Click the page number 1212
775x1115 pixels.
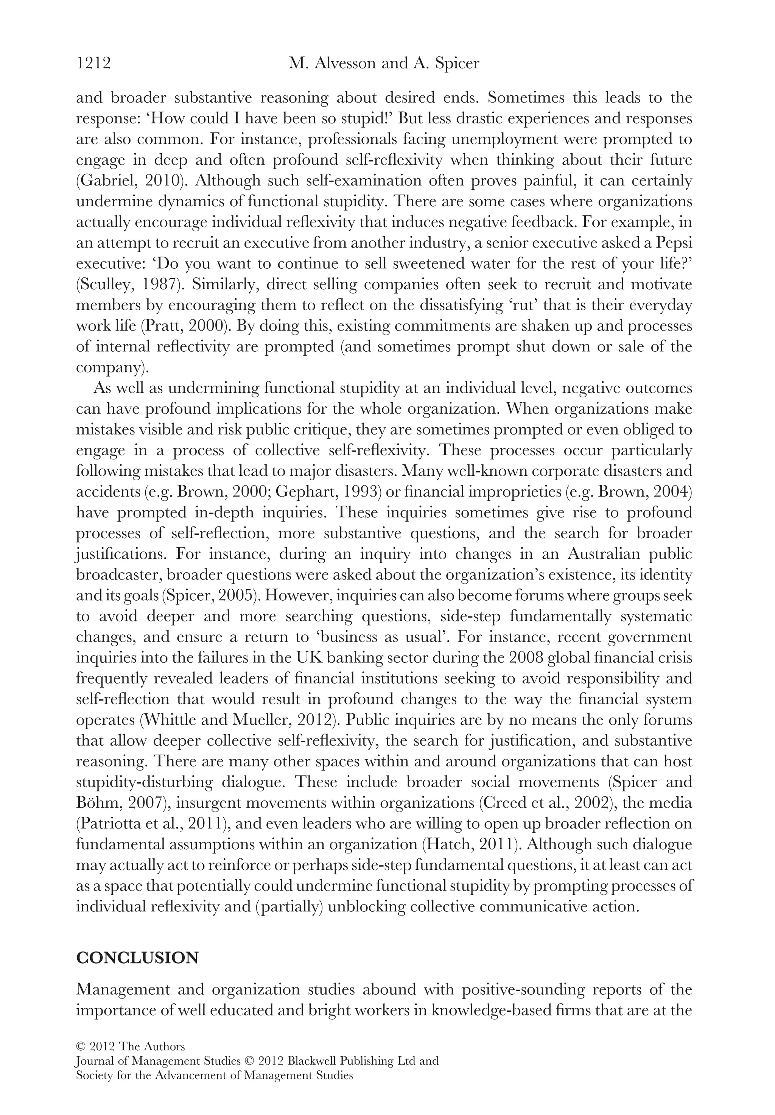tap(94, 63)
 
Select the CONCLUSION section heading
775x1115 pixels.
tap(137, 958)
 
